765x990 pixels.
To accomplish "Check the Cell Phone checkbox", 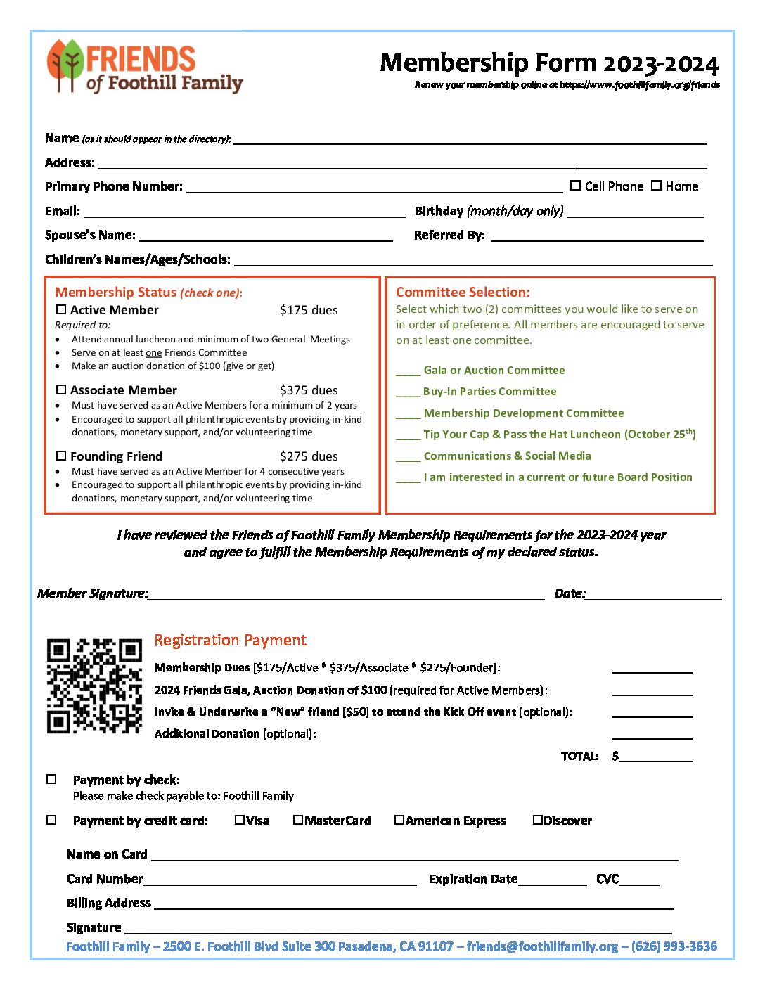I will [575, 186].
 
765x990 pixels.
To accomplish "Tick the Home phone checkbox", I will [656, 186].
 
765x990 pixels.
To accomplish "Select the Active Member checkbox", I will [61, 309].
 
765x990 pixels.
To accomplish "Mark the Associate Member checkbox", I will [61, 390].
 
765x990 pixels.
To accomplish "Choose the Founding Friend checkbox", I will [61, 456].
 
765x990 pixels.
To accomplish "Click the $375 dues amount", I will [308, 390].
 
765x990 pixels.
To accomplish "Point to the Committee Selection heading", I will [463, 292].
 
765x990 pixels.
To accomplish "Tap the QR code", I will [94, 686].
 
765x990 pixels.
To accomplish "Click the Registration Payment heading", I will [230, 641].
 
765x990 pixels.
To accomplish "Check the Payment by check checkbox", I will [51, 779].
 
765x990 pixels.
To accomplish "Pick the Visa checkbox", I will [240, 820].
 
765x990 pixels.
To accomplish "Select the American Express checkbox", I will [399, 820].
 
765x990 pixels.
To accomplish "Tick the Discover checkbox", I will [538, 820].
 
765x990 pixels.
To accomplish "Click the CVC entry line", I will [639, 882].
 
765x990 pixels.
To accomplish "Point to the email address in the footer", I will [542, 946].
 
